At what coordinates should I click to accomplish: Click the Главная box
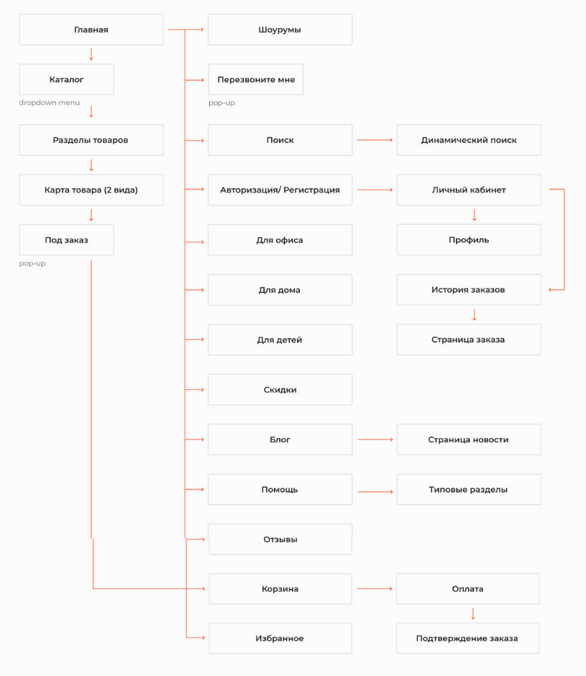pyautogui.click(x=91, y=29)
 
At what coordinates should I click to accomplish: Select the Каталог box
pyautogui.click(x=67, y=79)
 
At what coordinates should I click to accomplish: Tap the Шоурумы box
pyautogui.click(x=280, y=29)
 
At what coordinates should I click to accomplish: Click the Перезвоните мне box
pyautogui.click(x=256, y=79)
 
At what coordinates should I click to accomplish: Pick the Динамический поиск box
pyautogui.click(x=469, y=140)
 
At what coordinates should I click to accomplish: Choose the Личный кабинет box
pyautogui.click(x=469, y=189)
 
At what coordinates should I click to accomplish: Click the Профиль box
pyautogui.click(x=469, y=239)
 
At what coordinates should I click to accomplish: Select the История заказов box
pyautogui.click(x=469, y=289)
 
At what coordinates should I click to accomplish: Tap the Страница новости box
pyautogui.click(x=469, y=439)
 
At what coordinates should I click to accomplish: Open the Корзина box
pyautogui.click(x=280, y=588)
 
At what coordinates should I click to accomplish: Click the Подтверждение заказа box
pyautogui.click(x=468, y=638)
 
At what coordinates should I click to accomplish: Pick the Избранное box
pyautogui.click(x=280, y=638)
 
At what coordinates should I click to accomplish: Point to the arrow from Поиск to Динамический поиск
pyautogui.click(x=375, y=140)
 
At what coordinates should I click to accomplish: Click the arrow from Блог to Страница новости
pyautogui.click(x=375, y=440)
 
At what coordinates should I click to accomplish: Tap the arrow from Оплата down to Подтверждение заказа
pyautogui.click(x=473, y=614)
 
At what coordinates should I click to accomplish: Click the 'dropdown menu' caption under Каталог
pyautogui.click(x=49, y=102)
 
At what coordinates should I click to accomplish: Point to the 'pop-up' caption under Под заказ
pyautogui.click(x=32, y=264)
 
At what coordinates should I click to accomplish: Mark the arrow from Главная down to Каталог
pyautogui.click(x=91, y=54)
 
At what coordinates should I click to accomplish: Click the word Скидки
pyautogui.click(x=280, y=389)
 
